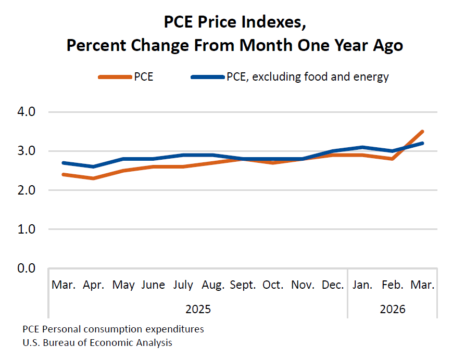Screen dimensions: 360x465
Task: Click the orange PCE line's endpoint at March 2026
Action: point(422,132)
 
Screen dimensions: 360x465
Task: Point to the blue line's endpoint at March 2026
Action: point(422,143)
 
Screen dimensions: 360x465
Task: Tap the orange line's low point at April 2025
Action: point(93,178)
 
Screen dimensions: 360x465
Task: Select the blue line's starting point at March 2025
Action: point(64,163)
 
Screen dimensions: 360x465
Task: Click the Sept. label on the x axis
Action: point(243,285)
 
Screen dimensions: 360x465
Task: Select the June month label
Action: point(153,285)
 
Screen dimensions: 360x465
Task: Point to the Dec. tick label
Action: point(332,285)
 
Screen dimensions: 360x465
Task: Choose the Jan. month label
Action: point(362,285)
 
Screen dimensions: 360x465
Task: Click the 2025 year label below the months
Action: point(198,309)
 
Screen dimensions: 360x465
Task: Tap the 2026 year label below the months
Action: point(393,309)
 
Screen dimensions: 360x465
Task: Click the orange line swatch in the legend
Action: point(115,77)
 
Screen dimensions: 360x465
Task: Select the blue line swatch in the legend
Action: point(208,77)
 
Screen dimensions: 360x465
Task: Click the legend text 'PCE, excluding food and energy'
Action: point(308,77)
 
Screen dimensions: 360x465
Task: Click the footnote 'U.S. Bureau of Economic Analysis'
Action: point(97,343)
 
